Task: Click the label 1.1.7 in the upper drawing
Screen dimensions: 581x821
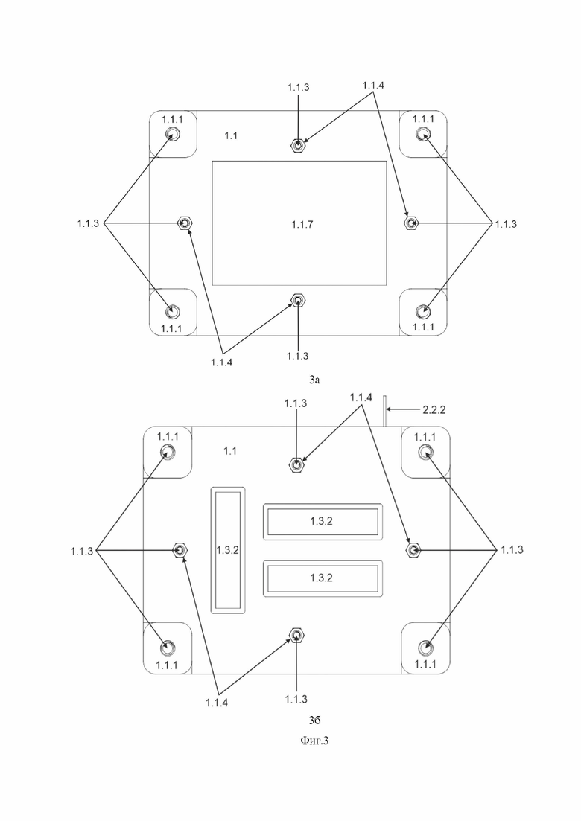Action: tap(302, 225)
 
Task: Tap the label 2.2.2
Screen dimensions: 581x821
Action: tap(434, 410)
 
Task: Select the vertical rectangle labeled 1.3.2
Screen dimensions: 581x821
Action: tap(228, 550)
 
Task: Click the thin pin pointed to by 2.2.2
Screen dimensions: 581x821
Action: tap(384, 411)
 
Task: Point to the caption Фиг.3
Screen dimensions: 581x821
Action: tap(314, 741)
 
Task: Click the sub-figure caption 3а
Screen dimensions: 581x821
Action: tap(314, 380)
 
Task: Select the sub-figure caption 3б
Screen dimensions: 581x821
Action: tap(314, 721)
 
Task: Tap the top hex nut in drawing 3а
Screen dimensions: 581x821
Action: tap(297, 146)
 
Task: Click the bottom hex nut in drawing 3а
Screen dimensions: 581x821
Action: tap(298, 300)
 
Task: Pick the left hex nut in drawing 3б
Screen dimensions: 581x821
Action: tap(181, 550)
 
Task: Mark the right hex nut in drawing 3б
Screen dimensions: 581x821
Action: tap(413, 549)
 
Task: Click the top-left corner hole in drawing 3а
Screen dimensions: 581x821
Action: tap(172, 135)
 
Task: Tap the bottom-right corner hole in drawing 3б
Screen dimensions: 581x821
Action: tap(426, 648)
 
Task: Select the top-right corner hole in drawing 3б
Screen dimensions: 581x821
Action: tap(426, 451)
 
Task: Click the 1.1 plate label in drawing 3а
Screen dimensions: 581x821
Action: tap(231, 135)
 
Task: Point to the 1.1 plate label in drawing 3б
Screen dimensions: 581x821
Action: tap(230, 451)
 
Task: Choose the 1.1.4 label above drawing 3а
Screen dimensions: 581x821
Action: tap(372, 86)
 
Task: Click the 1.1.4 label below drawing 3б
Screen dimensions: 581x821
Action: tap(216, 703)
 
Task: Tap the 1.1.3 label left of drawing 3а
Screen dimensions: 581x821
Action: tap(88, 223)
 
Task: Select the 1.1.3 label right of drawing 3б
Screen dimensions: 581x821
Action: tap(512, 550)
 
